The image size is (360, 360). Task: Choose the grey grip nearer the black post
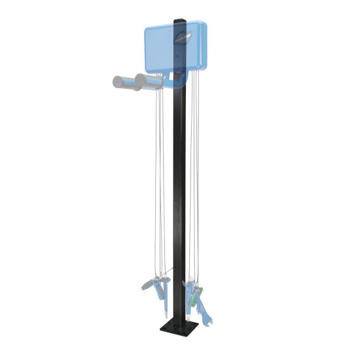tap(148, 82)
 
